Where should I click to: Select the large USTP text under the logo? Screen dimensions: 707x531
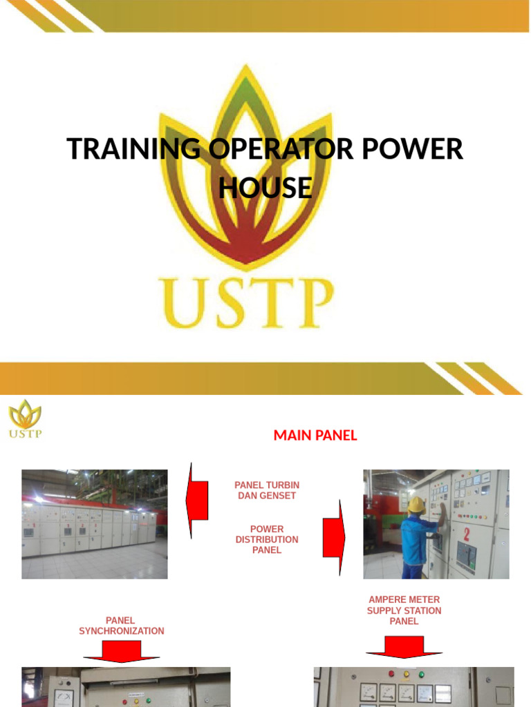(x=246, y=302)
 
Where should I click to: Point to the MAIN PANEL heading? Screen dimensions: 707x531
(x=315, y=435)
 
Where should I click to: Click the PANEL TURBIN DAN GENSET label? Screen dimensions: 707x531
(x=267, y=490)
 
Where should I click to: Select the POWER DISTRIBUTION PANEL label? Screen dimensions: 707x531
(x=267, y=539)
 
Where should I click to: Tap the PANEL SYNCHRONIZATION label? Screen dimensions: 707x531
(x=121, y=626)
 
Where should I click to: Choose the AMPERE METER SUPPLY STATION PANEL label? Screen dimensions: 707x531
(x=404, y=610)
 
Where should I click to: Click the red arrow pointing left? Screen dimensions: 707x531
(x=198, y=501)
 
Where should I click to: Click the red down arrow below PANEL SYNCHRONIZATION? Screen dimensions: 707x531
(x=122, y=650)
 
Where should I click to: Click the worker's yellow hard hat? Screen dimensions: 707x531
(x=416, y=505)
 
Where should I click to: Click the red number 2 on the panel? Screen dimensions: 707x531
(x=467, y=534)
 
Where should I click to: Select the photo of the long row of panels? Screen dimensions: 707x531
(x=95, y=523)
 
